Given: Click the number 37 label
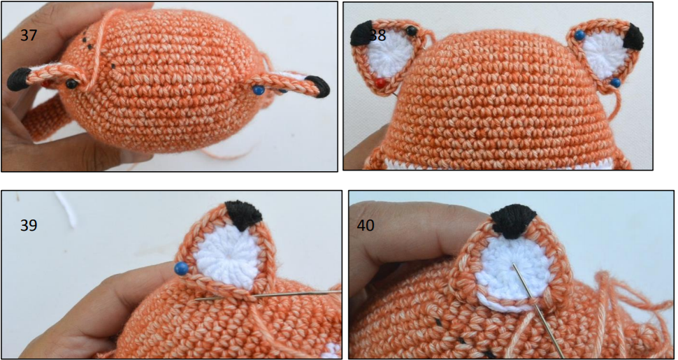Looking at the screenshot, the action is tap(29, 35).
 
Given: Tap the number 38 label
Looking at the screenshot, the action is tap(377, 36).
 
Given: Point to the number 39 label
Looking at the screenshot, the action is tap(29, 224).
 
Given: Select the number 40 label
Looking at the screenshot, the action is tap(366, 225).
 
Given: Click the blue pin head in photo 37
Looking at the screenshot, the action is tap(258, 90).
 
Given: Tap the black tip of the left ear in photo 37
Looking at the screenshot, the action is tap(18, 79).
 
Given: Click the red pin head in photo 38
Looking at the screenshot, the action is tap(380, 83).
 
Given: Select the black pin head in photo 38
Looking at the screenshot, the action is tap(412, 30).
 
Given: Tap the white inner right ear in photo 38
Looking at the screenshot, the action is tap(606, 55).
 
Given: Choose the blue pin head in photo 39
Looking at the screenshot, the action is tap(181, 268).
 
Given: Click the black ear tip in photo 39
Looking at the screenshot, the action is tap(244, 215).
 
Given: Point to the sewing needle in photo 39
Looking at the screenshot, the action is tap(268, 295).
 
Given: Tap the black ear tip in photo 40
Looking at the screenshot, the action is tap(513, 220).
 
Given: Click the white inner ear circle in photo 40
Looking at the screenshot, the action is tap(512, 274).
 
